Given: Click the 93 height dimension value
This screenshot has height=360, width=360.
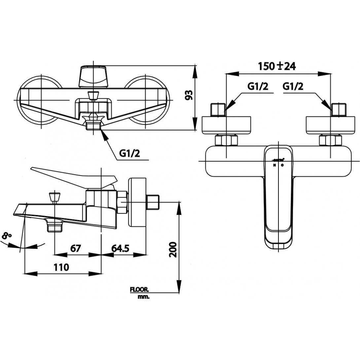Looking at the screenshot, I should tap(189, 96).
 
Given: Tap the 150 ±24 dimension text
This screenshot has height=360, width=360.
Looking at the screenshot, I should tap(277, 66).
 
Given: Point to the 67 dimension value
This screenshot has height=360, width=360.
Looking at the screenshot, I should tap(76, 248).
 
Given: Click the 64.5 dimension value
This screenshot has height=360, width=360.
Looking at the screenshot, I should tap(120, 248).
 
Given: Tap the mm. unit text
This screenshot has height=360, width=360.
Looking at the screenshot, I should tap(144, 297).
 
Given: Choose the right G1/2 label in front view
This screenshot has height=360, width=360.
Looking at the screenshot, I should tap(293, 87).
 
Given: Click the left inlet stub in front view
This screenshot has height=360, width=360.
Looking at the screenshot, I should tap(218, 110).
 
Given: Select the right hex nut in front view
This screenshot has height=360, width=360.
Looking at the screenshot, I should tap(330, 141).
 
